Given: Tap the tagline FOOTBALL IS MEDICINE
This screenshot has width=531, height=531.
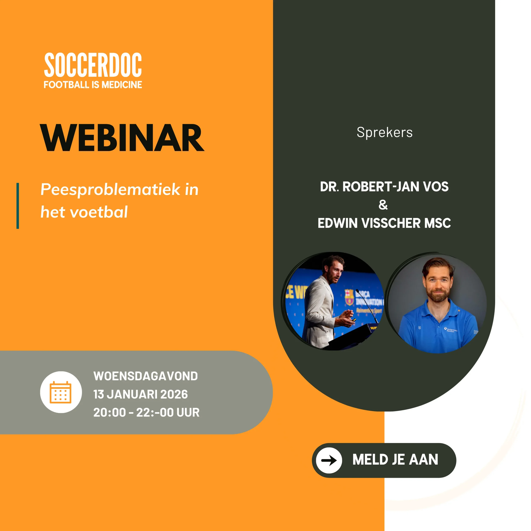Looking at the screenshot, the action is pos(93,85).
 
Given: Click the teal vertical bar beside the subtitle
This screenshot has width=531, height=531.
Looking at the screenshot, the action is pos(18,206).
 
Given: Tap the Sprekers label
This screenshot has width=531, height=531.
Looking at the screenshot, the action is pos(385,133).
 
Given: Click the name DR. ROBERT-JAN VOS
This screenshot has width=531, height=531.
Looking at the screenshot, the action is pos(384,187).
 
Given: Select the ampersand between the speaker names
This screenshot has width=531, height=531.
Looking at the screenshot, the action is pos(383,205).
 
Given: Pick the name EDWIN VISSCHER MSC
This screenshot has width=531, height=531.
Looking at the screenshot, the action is pos(384,223).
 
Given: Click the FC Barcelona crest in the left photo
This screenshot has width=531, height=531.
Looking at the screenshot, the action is pos(349,297).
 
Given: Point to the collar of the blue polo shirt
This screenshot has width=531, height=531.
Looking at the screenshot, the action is pos(438,309).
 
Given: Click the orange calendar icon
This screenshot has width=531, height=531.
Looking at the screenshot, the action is pos(61,392).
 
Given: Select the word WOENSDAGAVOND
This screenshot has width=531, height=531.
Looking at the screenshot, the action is pos(146,376).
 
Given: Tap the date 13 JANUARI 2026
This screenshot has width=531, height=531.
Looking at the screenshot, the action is pos(141,394).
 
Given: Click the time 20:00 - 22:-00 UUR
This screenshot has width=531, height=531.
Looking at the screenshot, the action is pos(146,412).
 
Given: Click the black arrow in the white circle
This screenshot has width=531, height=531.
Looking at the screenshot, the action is pos(329,460).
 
